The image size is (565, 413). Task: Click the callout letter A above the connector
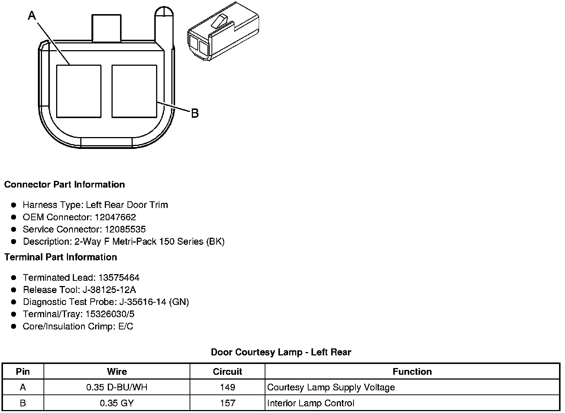[x=32, y=16]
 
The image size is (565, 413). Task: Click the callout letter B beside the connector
[x=195, y=113]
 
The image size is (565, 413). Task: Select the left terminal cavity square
[x=79, y=91]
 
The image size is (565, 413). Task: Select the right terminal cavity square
[x=134, y=91]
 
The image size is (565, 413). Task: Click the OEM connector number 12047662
[x=115, y=217]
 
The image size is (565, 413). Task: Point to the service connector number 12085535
[x=125, y=229]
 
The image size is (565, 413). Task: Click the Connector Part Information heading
[x=65, y=185]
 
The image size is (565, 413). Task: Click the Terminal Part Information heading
[x=61, y=257]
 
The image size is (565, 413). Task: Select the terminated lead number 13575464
[x=119, y=277]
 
